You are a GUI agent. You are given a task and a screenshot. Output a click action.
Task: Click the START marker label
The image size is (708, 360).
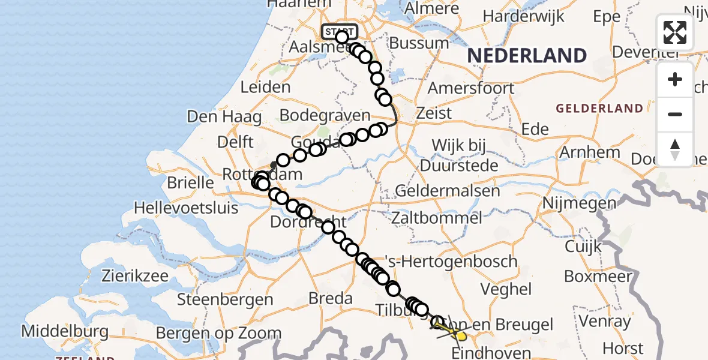point(340,31)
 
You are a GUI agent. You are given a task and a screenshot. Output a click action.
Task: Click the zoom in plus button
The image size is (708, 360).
point(675,80)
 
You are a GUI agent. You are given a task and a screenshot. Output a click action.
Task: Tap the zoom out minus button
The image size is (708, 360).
point(675,114)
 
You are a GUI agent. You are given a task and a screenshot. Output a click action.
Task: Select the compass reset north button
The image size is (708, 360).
point(675,149)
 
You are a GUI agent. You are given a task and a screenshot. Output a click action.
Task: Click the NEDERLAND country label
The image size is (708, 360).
point(527,56)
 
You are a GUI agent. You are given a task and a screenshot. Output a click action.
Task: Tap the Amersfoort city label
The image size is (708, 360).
point(471,88)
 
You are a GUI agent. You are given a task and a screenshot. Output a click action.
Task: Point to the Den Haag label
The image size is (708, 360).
point(224,116)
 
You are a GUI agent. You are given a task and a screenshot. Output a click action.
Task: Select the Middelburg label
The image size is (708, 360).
point(65,331)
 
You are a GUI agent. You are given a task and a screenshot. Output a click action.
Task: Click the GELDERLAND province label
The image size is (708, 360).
point(599,109)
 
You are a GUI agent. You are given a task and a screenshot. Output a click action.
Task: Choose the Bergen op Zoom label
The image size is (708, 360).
point(218,333)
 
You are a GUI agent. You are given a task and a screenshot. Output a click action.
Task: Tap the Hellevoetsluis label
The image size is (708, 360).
point(186,208)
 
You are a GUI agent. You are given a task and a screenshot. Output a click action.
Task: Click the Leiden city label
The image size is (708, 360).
point(265,88)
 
